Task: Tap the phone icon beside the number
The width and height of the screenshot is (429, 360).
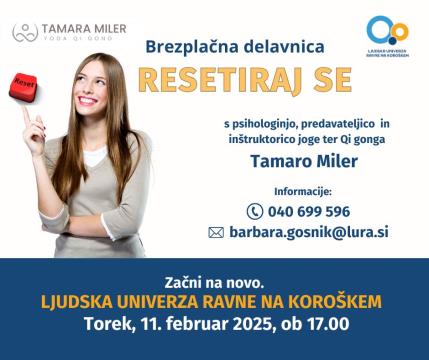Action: [x=254, y=211]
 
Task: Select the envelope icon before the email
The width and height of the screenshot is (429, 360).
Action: [x=215, y=232]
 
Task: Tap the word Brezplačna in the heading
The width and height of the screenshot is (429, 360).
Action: [x=185, y=47]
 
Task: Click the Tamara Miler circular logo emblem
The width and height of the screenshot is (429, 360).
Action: [x=26, y=32]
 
